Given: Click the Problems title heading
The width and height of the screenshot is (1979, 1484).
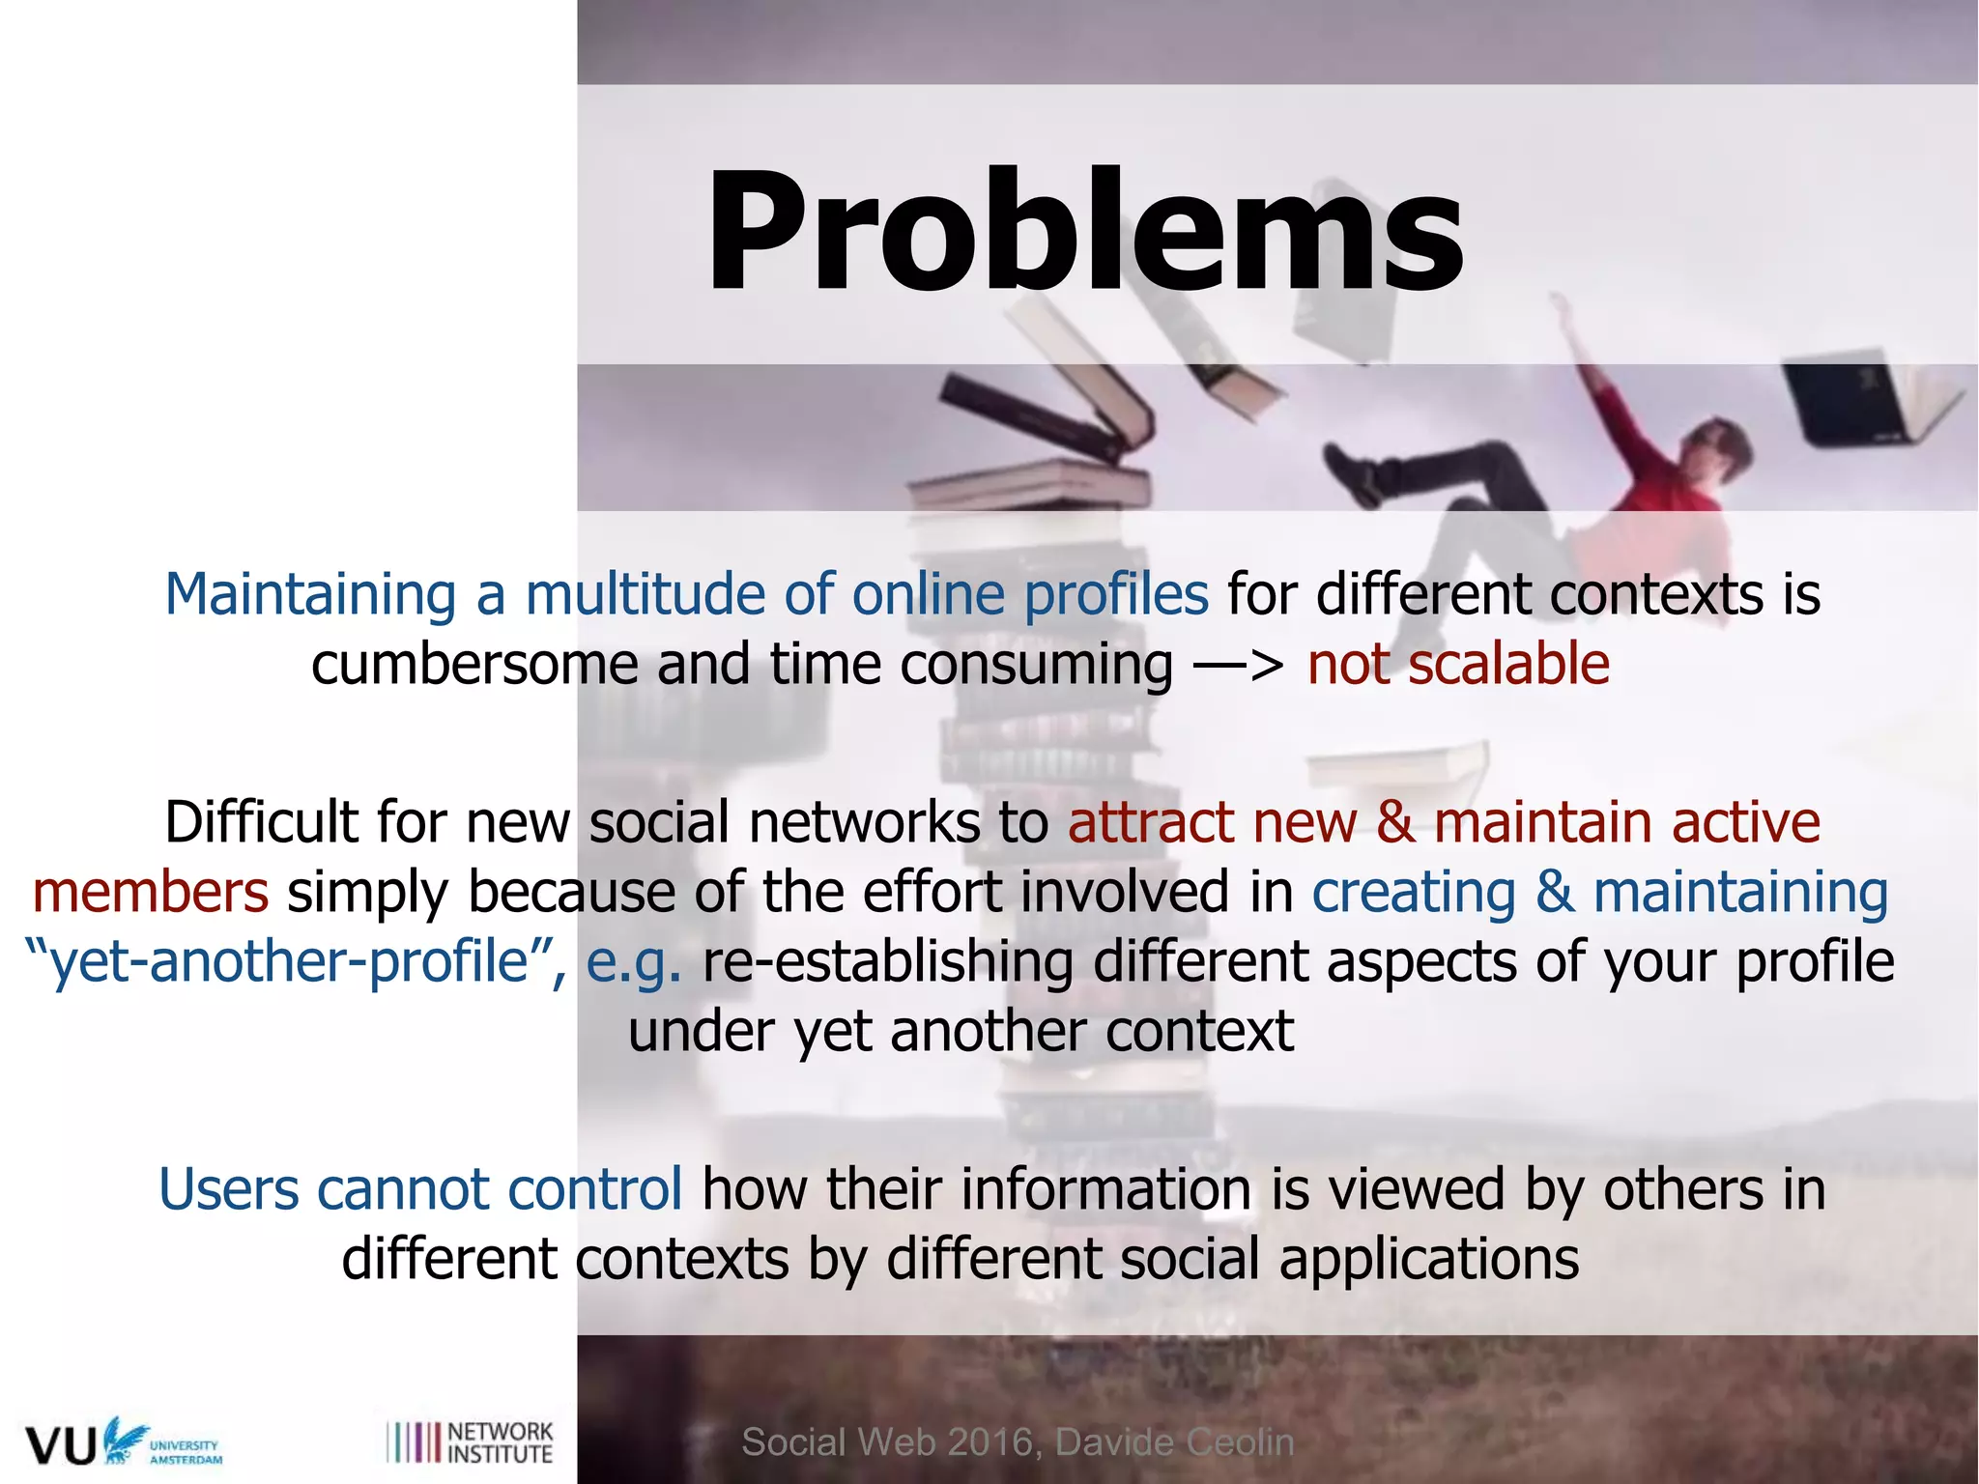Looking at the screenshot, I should (1084, 232).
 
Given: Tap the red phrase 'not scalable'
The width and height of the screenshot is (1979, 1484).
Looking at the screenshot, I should (1457, 665).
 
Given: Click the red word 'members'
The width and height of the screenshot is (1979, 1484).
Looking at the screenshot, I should (150, 892).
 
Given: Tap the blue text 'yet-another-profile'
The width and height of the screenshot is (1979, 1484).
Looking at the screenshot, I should (290, 961).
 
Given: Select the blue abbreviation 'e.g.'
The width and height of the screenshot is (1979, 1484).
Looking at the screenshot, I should (633, 963).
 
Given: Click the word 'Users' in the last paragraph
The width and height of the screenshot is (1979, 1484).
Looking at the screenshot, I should (228, 1189).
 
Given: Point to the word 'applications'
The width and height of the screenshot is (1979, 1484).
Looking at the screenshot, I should (1428, 1260).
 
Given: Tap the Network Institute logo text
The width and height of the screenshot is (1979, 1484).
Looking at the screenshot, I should (500, 1442).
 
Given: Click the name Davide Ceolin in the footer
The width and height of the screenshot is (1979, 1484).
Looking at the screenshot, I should (1173, 1442).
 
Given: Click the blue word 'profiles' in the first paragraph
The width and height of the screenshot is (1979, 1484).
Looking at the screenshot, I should (1115, 594).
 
